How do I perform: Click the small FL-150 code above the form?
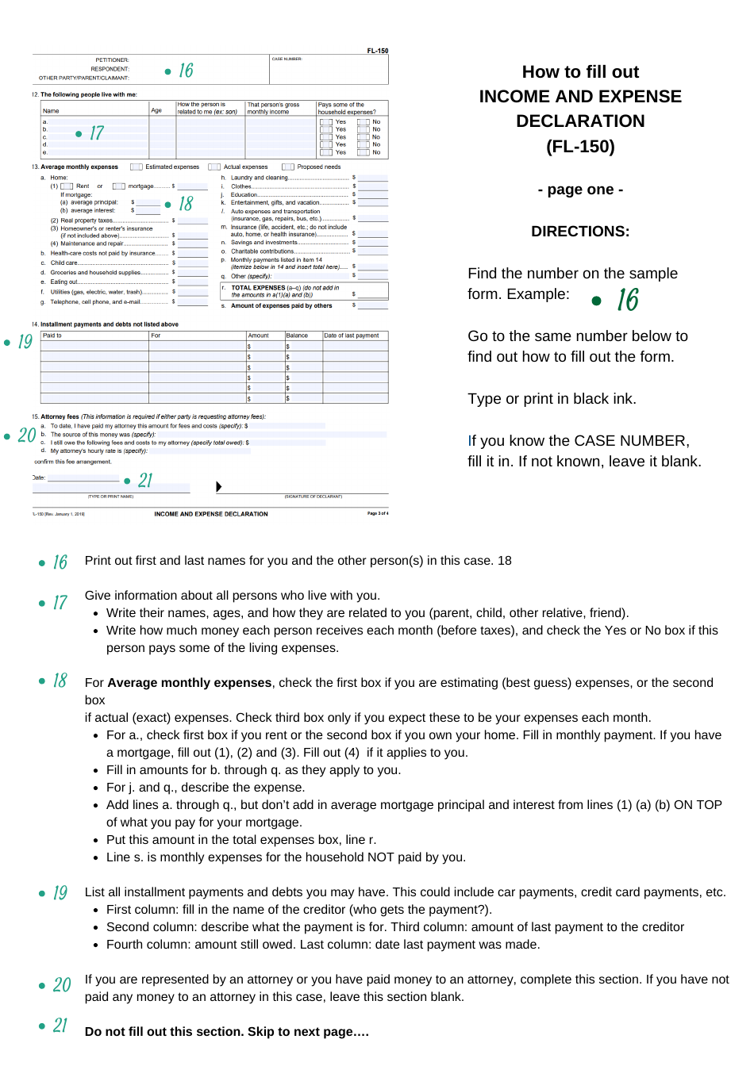tap(377, 51)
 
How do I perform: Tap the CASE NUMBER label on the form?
tap(287, 59)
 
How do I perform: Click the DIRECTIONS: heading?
tap(580, 232)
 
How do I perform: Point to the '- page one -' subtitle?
tap(580, 190)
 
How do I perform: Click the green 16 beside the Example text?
tap(627, 300)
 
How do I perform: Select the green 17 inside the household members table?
tap(96, 133)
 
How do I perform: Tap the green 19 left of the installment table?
tap(25, 342)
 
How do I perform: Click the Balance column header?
tap(297, 336)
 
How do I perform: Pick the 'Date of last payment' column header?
tap(351, 336)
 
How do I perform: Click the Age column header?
tap(156, 111)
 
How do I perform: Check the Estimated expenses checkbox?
tap(137, 167)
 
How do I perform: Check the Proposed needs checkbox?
tap(288, 167)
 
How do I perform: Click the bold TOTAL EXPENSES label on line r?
tap(258, 288)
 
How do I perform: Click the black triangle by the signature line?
tap(218, 486)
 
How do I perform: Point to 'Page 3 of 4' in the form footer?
tap(378, 514)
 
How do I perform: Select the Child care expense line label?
tap(64, 263)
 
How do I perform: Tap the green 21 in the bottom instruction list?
tap(60, 1026)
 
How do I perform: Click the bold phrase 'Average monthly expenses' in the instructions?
tap(190, 683)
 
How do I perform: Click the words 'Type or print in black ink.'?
tap(552, 399)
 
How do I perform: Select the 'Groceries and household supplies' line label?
tap(95, 272)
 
